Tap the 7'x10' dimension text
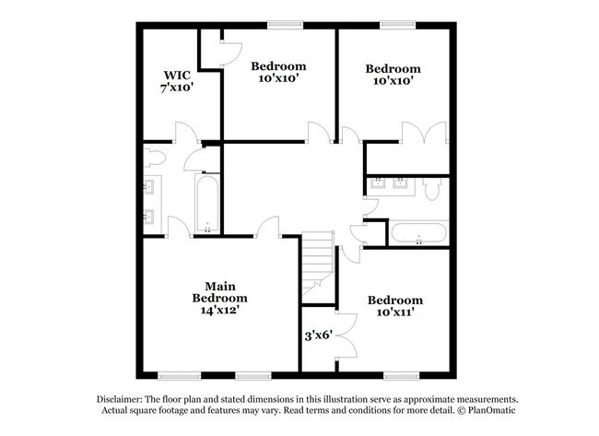(x=176, y=88)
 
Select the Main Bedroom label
(x=219, y=292)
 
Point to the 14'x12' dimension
(x=219, y=312)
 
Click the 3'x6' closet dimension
(x=319, y=337)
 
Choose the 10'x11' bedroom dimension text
(x=394, y=312)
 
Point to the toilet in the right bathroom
(x=433, y=189)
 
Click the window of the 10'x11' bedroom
(x=398, y=375)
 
